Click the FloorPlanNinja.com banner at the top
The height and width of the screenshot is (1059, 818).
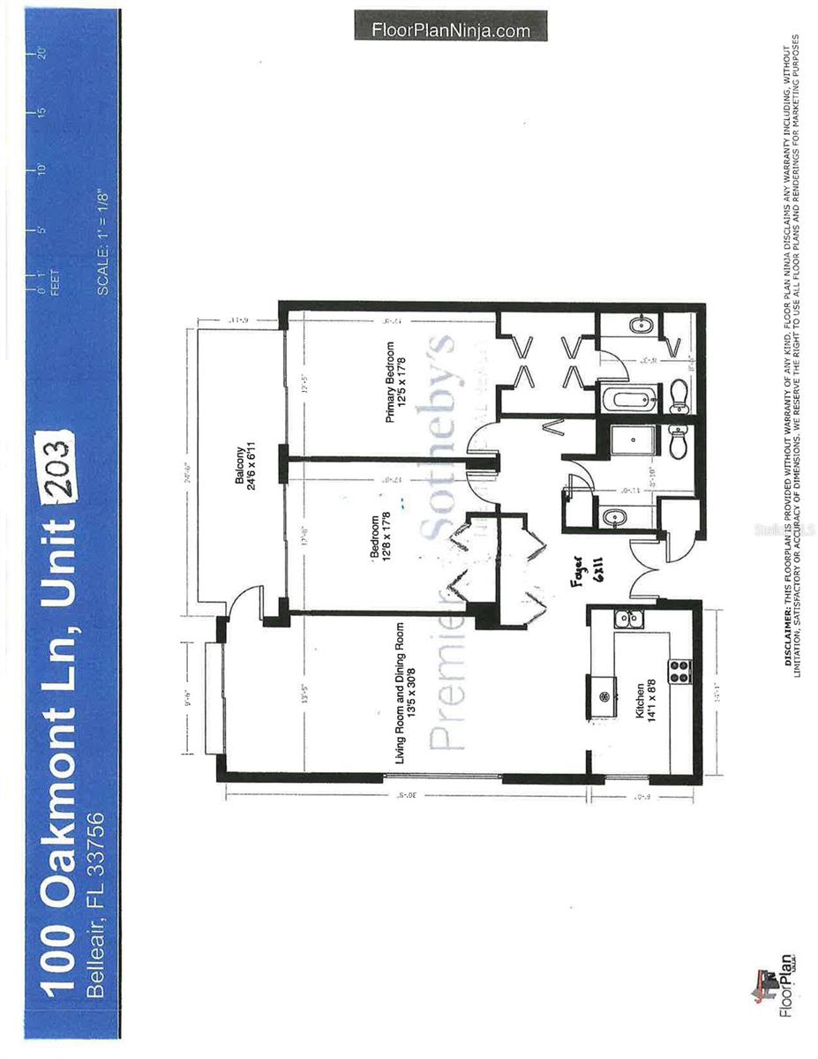click(451, 30)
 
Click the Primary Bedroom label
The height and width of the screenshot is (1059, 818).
click(396, 381)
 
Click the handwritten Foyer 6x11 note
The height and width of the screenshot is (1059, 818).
click(579, 582)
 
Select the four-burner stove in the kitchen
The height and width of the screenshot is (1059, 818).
click(680, 672)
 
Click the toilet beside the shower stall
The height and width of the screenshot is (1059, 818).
click(679, 441)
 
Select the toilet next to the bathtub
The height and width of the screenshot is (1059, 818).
click(679, 396)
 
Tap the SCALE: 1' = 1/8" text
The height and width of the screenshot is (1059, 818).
click(103, 242)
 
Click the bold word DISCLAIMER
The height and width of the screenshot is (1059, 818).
click(786, 635)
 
